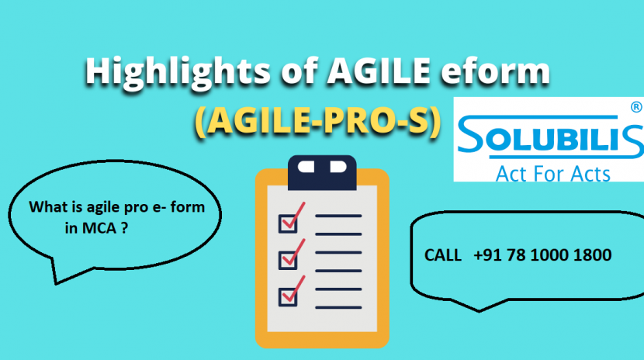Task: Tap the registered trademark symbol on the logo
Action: coord(635,108)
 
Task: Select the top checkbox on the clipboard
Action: coord(289,221)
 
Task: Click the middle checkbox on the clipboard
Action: coord(289,257)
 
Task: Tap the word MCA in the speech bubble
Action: coord(98,229)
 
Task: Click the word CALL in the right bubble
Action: coord(441,254)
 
